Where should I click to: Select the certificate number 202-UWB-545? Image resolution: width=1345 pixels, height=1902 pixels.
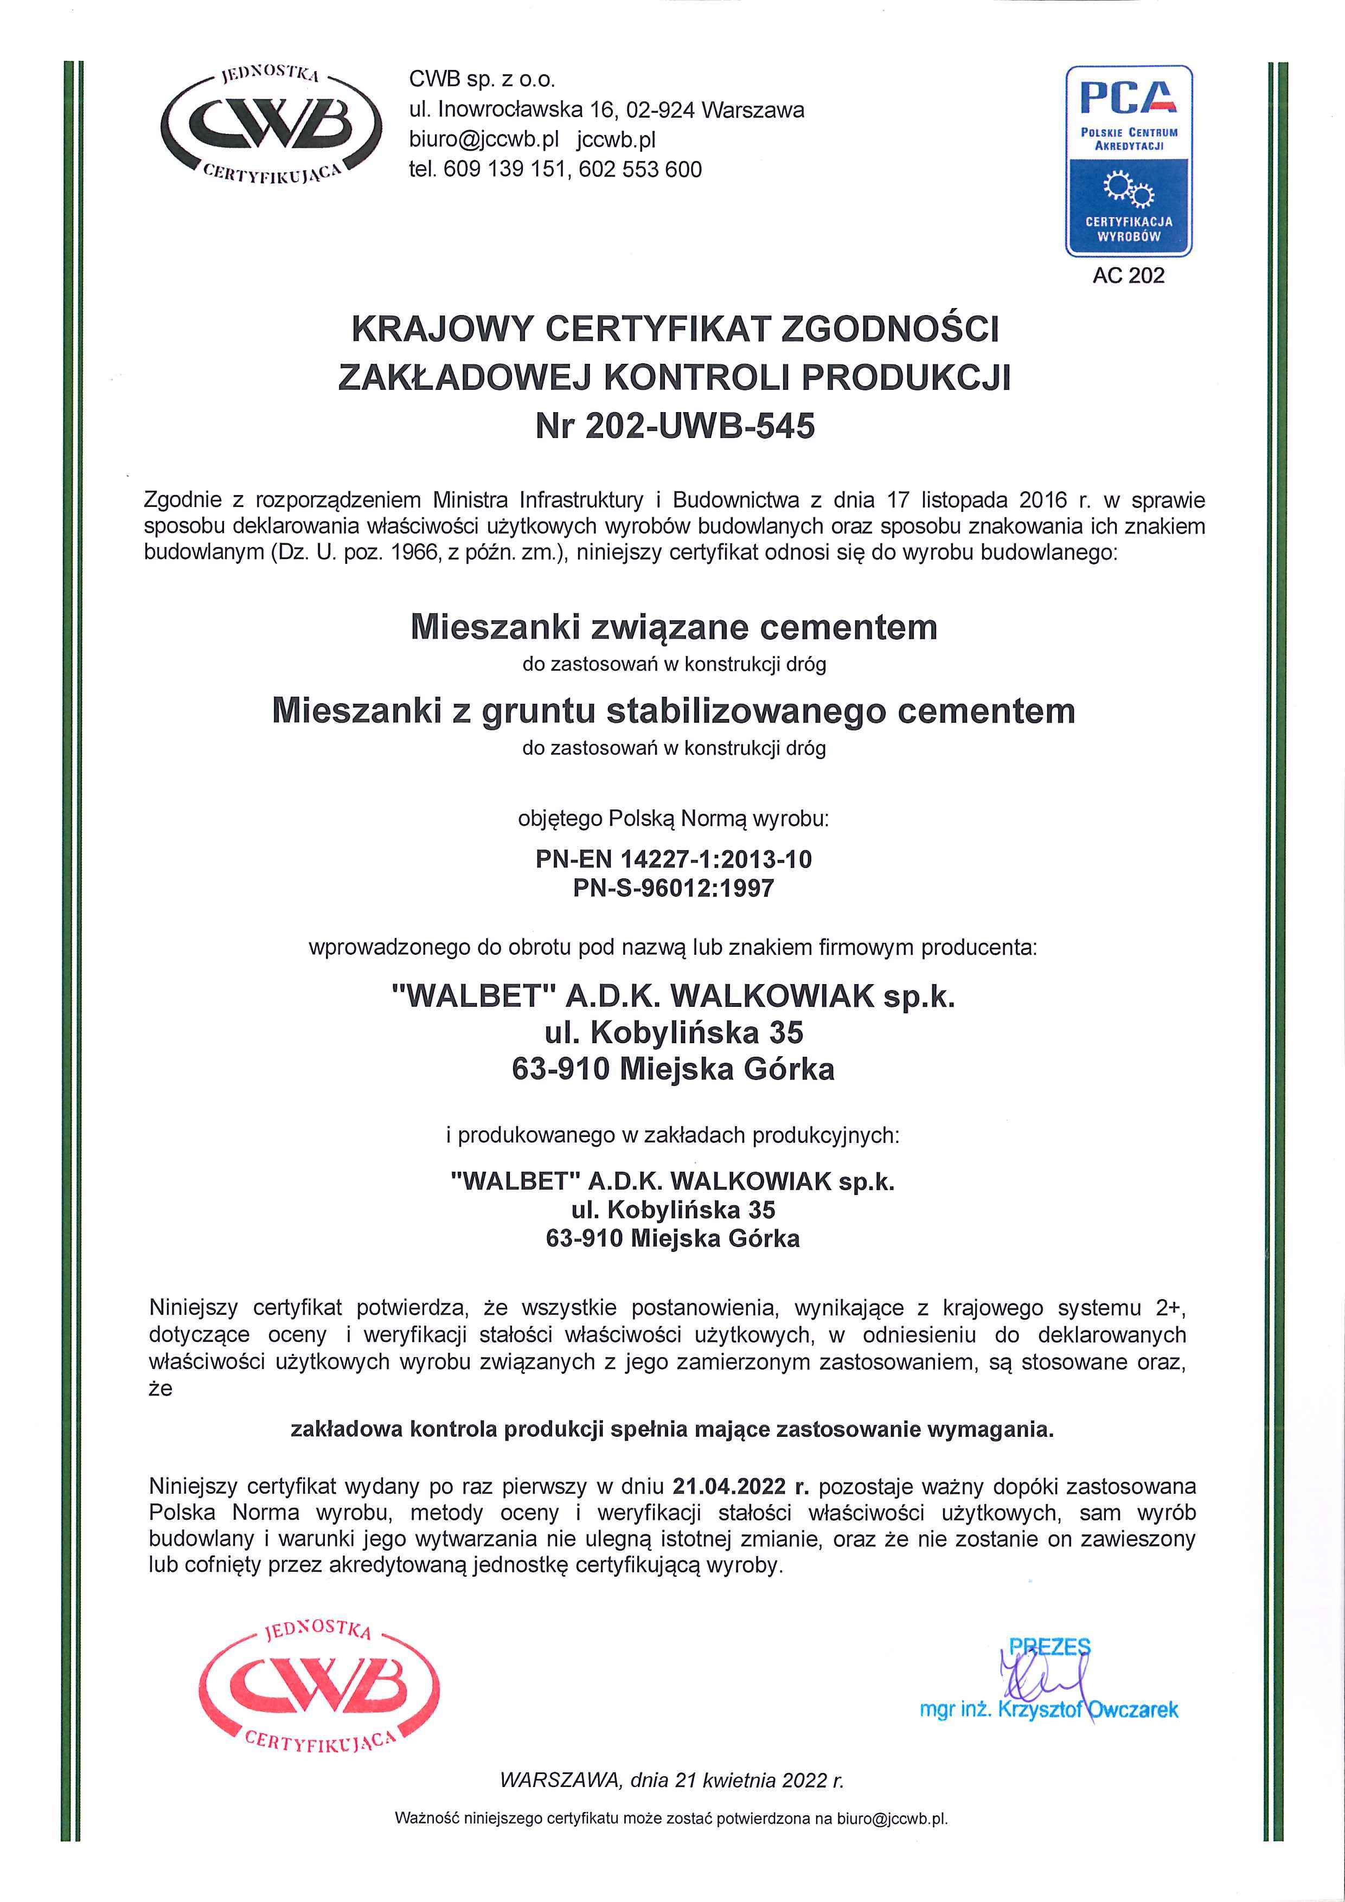[x=700, y=427]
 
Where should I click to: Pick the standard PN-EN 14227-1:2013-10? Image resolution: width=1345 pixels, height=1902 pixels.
[x=673, y=859]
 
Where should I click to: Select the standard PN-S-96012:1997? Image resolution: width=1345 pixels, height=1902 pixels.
[x=673, y=889]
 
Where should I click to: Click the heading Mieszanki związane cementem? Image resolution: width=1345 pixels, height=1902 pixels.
[x=673, y=627]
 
